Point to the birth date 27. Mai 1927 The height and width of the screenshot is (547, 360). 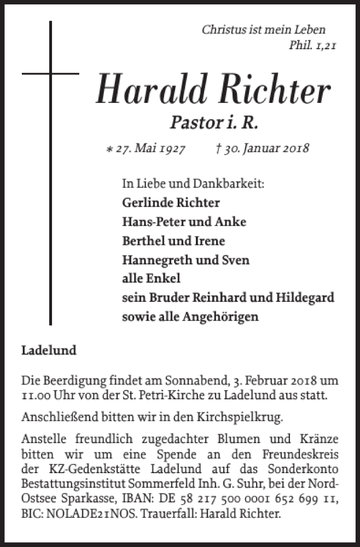[145, 148]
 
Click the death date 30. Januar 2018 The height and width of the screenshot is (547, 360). [264, 148]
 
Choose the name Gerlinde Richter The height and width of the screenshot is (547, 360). [171, 202]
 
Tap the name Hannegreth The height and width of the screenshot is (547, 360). [152, 260]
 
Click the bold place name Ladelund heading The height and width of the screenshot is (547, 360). [49, 351]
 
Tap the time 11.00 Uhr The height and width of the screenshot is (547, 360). [47, 395]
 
